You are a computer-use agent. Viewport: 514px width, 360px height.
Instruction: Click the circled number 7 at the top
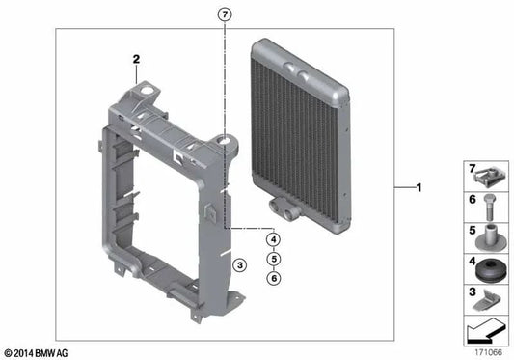pyautogui.click(x=225, y=14)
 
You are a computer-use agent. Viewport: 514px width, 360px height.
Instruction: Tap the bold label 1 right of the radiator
pyautogui.click(x=418, y=187)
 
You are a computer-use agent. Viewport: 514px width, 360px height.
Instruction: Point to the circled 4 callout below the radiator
pyautogui.click(x=274, y=240)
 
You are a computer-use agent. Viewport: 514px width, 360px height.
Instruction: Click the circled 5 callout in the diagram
pyautogui.click(x=274, y=259)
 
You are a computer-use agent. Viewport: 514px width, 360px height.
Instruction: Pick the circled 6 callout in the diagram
pyautogui.click(x=274, y=278)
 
